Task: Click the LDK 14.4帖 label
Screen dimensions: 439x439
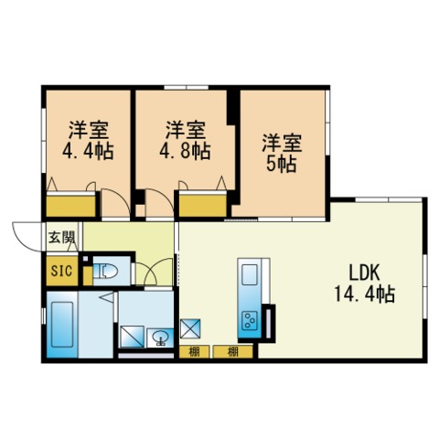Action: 365,284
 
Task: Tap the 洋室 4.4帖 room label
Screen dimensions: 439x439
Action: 88,141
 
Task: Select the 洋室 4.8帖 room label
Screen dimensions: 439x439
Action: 186,141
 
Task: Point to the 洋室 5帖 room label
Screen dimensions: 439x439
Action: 282,153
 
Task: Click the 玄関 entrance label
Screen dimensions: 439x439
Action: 62,237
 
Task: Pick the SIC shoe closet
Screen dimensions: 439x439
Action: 62,271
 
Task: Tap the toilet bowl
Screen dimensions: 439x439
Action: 106,271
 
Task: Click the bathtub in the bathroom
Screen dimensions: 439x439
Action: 62,324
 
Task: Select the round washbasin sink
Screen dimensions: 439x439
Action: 160,337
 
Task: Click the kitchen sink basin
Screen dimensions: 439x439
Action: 250,275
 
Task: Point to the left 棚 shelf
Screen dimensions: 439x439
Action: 194,352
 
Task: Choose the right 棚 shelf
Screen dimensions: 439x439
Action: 233,352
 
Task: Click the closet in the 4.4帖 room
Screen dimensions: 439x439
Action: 70,206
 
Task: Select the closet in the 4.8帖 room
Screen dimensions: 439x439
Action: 203,206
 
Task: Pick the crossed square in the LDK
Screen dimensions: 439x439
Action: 190,328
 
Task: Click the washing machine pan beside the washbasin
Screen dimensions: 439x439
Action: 133,337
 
